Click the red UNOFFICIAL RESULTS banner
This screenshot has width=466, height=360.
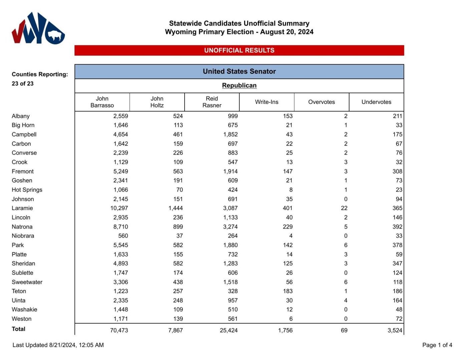point(239,50)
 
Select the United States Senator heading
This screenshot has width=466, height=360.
point(239,71)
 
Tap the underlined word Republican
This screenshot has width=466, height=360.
point(239,85)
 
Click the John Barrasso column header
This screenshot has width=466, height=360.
point(102,102)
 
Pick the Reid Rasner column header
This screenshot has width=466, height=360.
point(212,102)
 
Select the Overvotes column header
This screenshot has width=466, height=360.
point(321,102)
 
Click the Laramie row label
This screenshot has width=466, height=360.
point(22,208)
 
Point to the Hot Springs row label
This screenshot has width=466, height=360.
point(27,190)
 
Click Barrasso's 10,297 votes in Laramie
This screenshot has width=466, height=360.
point(119,208)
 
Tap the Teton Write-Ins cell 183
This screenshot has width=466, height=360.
point(287,291)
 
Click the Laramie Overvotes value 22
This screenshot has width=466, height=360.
point(344,208)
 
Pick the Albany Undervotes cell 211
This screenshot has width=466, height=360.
point(397,116)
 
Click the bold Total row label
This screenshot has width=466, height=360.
point(18,329)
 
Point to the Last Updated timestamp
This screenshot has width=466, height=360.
point(58,345)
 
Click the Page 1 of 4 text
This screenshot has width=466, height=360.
point(437,345)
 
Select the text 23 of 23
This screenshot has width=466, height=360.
point(22,83)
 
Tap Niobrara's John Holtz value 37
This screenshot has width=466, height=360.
point(179,236)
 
